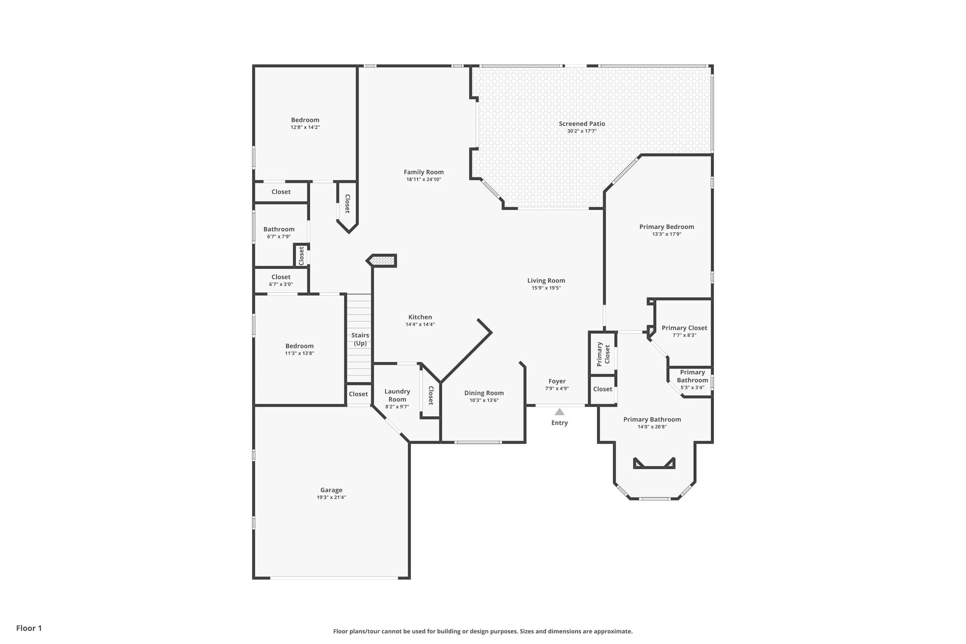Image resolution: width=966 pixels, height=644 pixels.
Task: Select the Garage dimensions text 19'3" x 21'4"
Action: [331, 497]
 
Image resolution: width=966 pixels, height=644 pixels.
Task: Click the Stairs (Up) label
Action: [360, 339]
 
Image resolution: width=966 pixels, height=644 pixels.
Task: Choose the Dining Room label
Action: [484, 393]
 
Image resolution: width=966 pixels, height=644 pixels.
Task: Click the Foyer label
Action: [557, 381]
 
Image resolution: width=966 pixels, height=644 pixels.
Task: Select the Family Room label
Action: [423, 172]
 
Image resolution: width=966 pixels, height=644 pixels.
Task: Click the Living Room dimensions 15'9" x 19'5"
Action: [546, 288]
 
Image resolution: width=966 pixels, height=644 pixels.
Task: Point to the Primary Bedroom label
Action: [667, 227]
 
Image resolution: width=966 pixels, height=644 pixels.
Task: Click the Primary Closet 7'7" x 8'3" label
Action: [684, 331]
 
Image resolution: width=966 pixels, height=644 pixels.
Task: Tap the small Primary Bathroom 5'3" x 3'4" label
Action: [693, 380]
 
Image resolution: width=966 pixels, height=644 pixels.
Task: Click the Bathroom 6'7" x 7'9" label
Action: [279, 232]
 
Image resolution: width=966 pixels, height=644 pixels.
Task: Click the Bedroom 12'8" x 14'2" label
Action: [305, 123]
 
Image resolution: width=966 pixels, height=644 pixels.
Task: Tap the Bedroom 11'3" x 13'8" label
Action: [299, 349]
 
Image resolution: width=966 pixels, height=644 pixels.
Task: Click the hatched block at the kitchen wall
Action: [382, 261]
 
